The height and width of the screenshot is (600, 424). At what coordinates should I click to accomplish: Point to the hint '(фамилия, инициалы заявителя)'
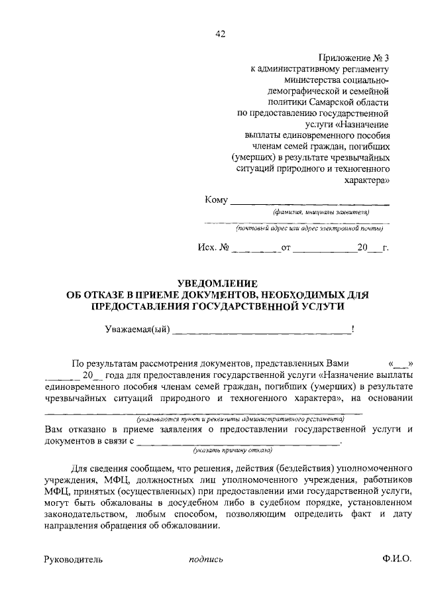(321, 212)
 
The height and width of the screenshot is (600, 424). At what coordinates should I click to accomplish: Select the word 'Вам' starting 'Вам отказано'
(53, 429)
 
